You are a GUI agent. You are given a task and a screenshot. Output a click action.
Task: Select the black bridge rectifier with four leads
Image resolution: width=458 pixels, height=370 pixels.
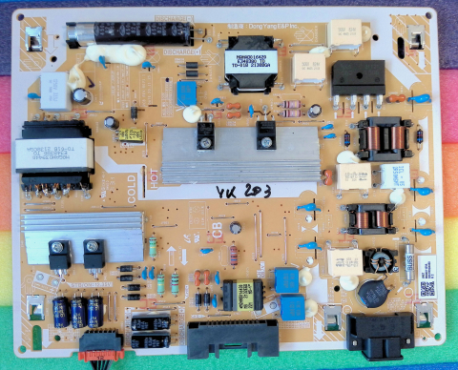(357, 76)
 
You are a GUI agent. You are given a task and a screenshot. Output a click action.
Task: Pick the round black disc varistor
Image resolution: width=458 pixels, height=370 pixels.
(369, 289)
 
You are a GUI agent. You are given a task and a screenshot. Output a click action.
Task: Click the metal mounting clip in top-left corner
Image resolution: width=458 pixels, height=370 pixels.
(33, 39)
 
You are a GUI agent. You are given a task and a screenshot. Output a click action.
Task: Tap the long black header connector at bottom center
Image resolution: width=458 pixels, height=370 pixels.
(222, 338)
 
